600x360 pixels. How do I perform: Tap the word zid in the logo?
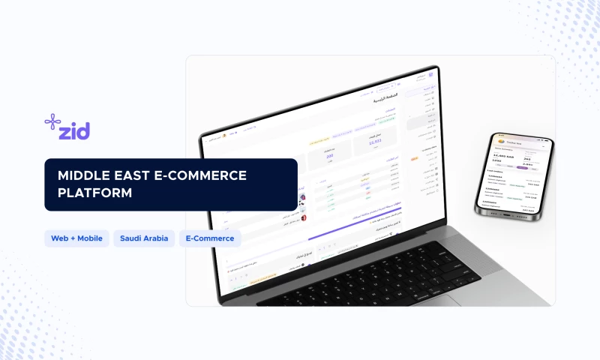coord(75,131)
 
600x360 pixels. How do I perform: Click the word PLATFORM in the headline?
coord(94,192)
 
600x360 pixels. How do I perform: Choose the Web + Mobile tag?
coord(77,238)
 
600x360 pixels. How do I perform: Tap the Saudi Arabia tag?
coord(145,238)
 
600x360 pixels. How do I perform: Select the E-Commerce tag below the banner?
coord(210,238)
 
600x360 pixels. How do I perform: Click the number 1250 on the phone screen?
coord(496,160)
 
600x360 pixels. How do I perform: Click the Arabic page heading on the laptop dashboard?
coord(385,99)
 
